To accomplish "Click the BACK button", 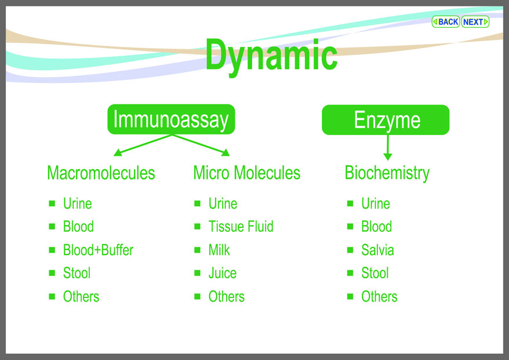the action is (x=445, y=22).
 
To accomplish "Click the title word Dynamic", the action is (x=271, y=56).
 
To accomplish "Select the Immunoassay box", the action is (x=171, y=119).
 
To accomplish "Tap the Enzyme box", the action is (x=386, y=120).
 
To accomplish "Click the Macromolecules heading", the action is (x=101, y=173).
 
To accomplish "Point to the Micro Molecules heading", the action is (x=247, y=173).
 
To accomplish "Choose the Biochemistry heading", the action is (x=387, y=173).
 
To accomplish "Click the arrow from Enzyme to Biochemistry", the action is (x=388, y=148).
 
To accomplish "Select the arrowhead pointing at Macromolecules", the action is (x=118, y=152).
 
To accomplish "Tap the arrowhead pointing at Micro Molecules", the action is (x=226, y=152).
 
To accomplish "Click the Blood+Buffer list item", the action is (x=98, y=250).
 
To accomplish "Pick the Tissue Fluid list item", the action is (x=241, y=227).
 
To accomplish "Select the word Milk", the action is (x=219, y=250).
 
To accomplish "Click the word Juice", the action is (x=223, y=273).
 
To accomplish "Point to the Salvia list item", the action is (x=377, y=250).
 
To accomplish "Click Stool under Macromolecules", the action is (x=77, y=273).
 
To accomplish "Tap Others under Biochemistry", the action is (x=379, y=296).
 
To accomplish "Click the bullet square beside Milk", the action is (x=197, y=250).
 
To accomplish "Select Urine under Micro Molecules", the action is (x=223, y=203).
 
